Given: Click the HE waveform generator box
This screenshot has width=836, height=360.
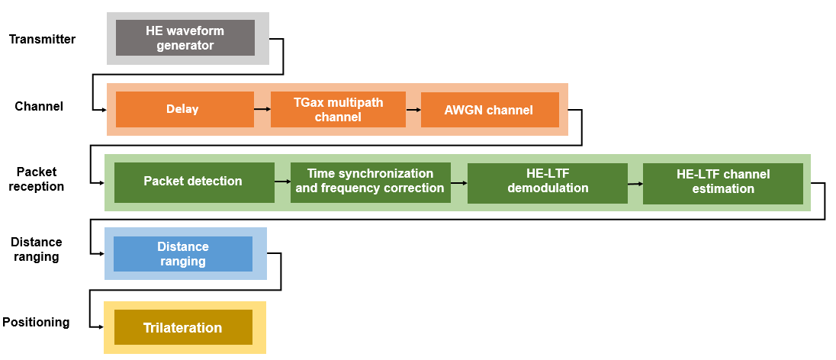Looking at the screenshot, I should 185,38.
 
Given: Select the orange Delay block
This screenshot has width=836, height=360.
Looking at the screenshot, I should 184,109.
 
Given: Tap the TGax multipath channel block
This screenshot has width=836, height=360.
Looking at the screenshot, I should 338,109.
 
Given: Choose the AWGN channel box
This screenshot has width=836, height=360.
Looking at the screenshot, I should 489,109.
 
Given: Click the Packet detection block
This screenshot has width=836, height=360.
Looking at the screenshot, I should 194,182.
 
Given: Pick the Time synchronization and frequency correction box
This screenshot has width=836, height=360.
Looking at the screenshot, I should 370,182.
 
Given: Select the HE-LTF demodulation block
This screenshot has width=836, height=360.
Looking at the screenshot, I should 547,182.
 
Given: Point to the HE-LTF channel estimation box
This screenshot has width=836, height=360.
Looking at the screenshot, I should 722,182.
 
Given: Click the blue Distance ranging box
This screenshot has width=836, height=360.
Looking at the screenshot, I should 183,254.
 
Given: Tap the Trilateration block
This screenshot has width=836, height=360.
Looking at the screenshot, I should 183,327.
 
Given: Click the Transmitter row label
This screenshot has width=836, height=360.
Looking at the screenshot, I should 42,39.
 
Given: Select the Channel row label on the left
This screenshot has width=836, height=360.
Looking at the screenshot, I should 39,106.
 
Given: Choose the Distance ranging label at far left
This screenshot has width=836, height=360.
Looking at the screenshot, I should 37,249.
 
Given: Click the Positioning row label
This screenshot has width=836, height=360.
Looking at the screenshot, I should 36,322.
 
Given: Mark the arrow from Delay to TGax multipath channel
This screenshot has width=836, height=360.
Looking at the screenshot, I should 262,109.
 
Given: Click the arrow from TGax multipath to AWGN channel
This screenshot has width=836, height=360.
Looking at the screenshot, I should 413,109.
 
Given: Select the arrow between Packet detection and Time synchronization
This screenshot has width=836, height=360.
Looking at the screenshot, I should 282,182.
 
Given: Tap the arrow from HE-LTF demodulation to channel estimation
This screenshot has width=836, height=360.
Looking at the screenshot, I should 635,183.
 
